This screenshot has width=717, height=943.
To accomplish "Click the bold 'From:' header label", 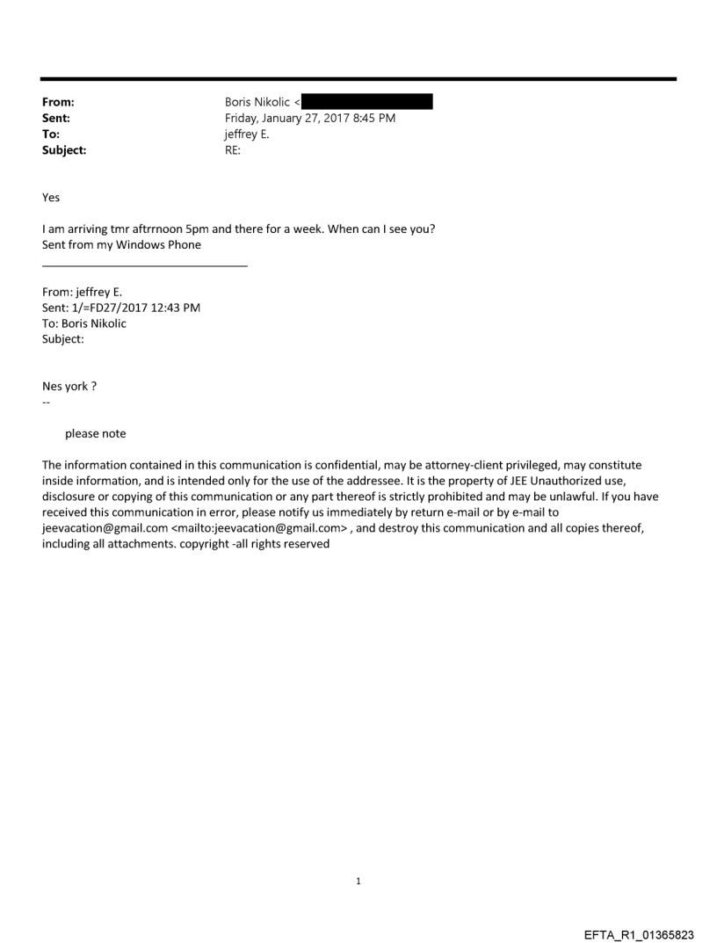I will click(x=58, y=103).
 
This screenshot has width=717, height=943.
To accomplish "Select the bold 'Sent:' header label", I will click(x=56, y=119).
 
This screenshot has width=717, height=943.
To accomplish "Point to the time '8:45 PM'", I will click(x=373, y=119).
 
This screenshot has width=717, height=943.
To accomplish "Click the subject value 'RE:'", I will click(x=234, y=150).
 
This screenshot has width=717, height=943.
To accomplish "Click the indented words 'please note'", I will click(x=96, y=433).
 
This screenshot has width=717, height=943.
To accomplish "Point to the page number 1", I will click(x=358, y=881).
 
